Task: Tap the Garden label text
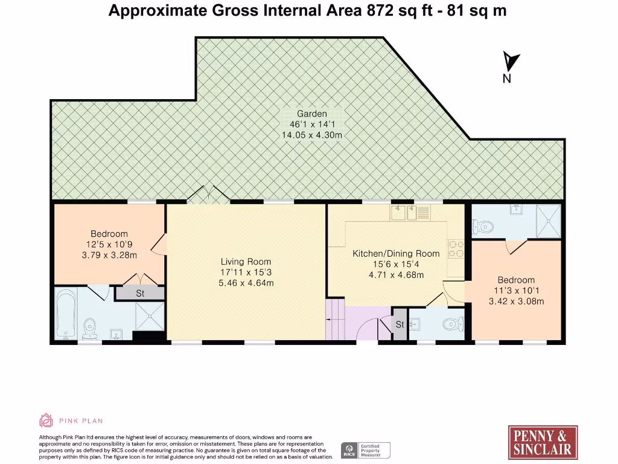pyautogui.click(x=312, y=114)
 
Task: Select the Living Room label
pyautogui.click(x=246, y=262)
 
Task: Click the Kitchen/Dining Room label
pyautogui.click(x=396, y=254)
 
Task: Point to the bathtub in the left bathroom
pyautogui.click(x=65, y=314)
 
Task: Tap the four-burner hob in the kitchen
pyautogui.click(x=456, y=248)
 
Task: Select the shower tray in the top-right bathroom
pyautogui.click(x=549, y=221)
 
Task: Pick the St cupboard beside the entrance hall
pyautogui.click(x=400, y=324)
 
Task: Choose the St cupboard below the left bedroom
pyautogui.click(x=140, y=293)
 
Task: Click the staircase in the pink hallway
pyautogui.click(x=336, y=319)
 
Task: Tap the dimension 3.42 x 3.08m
pyautogui.click(x=517, y=301)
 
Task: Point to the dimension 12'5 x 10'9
pyautogui.click(x=109, y=244)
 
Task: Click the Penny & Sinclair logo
pyautogui.click(x=543, y=442)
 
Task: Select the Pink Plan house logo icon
pyautogui.click(x=46, y=420)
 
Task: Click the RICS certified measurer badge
pyautogui.click(x=365, y=450)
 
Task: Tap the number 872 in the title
pyautogui.click(x=380, y=11)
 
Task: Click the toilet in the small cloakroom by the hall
pyautogui.click(x=453, y=324)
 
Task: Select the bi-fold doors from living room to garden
pyautogui.click(x=208, y=195)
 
